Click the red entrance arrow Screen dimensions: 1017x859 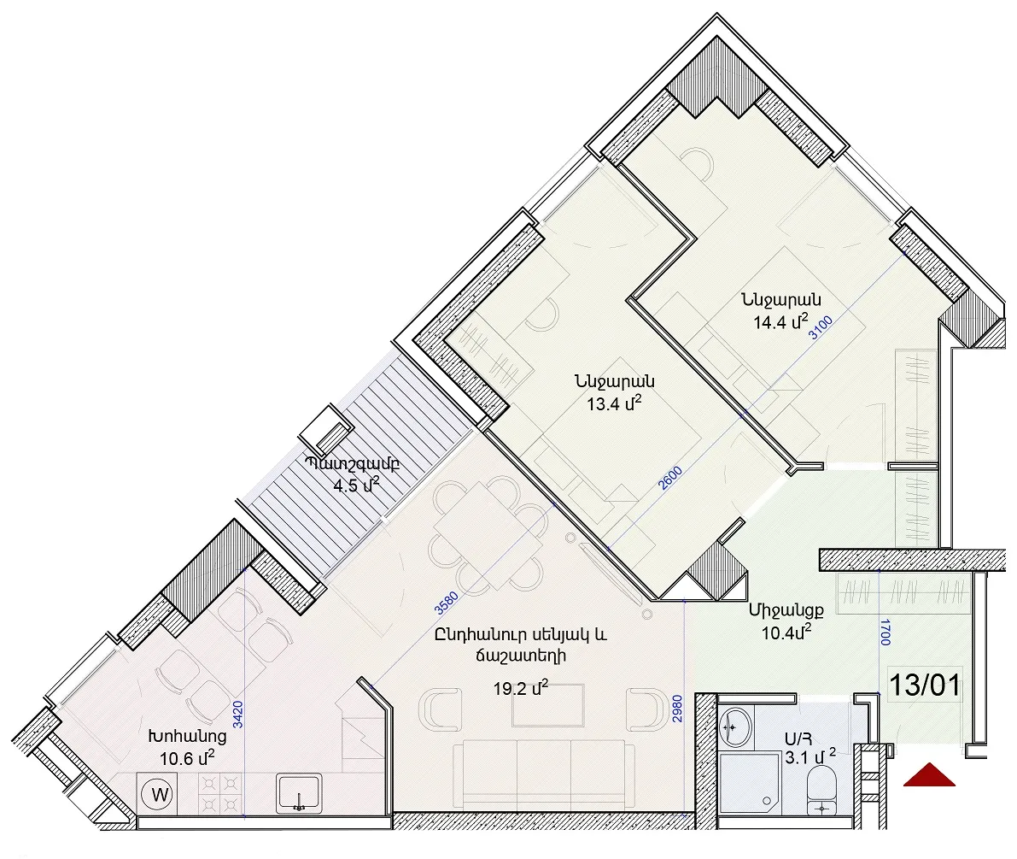coord(929,775)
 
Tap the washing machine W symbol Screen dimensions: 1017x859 coord(160,794)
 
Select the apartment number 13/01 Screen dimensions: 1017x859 coord(924,685)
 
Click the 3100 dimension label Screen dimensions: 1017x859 coord(821,328)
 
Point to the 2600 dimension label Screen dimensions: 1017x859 coord(670,479)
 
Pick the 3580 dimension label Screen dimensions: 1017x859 coord(447,603)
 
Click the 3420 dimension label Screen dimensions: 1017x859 coord(238,715)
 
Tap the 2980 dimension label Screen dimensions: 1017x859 coord(677,709)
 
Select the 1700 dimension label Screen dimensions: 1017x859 coord(885,632)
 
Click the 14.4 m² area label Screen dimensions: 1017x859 coord(780,321)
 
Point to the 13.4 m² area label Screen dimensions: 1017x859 coord(614,403)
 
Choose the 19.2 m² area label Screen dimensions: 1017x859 coord(520,687)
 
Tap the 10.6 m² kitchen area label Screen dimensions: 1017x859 coord(187,757)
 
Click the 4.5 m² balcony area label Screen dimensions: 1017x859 coord(355,485)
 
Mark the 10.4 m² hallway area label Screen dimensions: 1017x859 coord(786,632)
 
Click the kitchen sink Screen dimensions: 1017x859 coord(299,793)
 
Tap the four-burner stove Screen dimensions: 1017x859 coord(219,793)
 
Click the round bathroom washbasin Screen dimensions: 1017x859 coord(735,728)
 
